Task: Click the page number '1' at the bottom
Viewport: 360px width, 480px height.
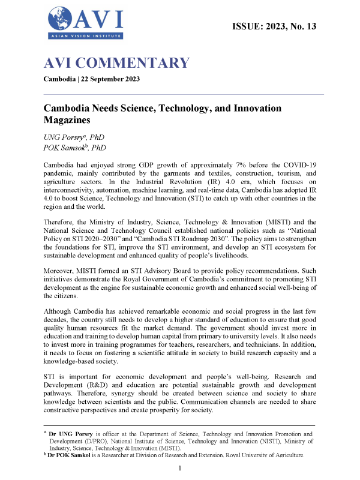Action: point(180,468)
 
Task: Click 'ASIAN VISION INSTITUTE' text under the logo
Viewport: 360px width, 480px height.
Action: point(88,37)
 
